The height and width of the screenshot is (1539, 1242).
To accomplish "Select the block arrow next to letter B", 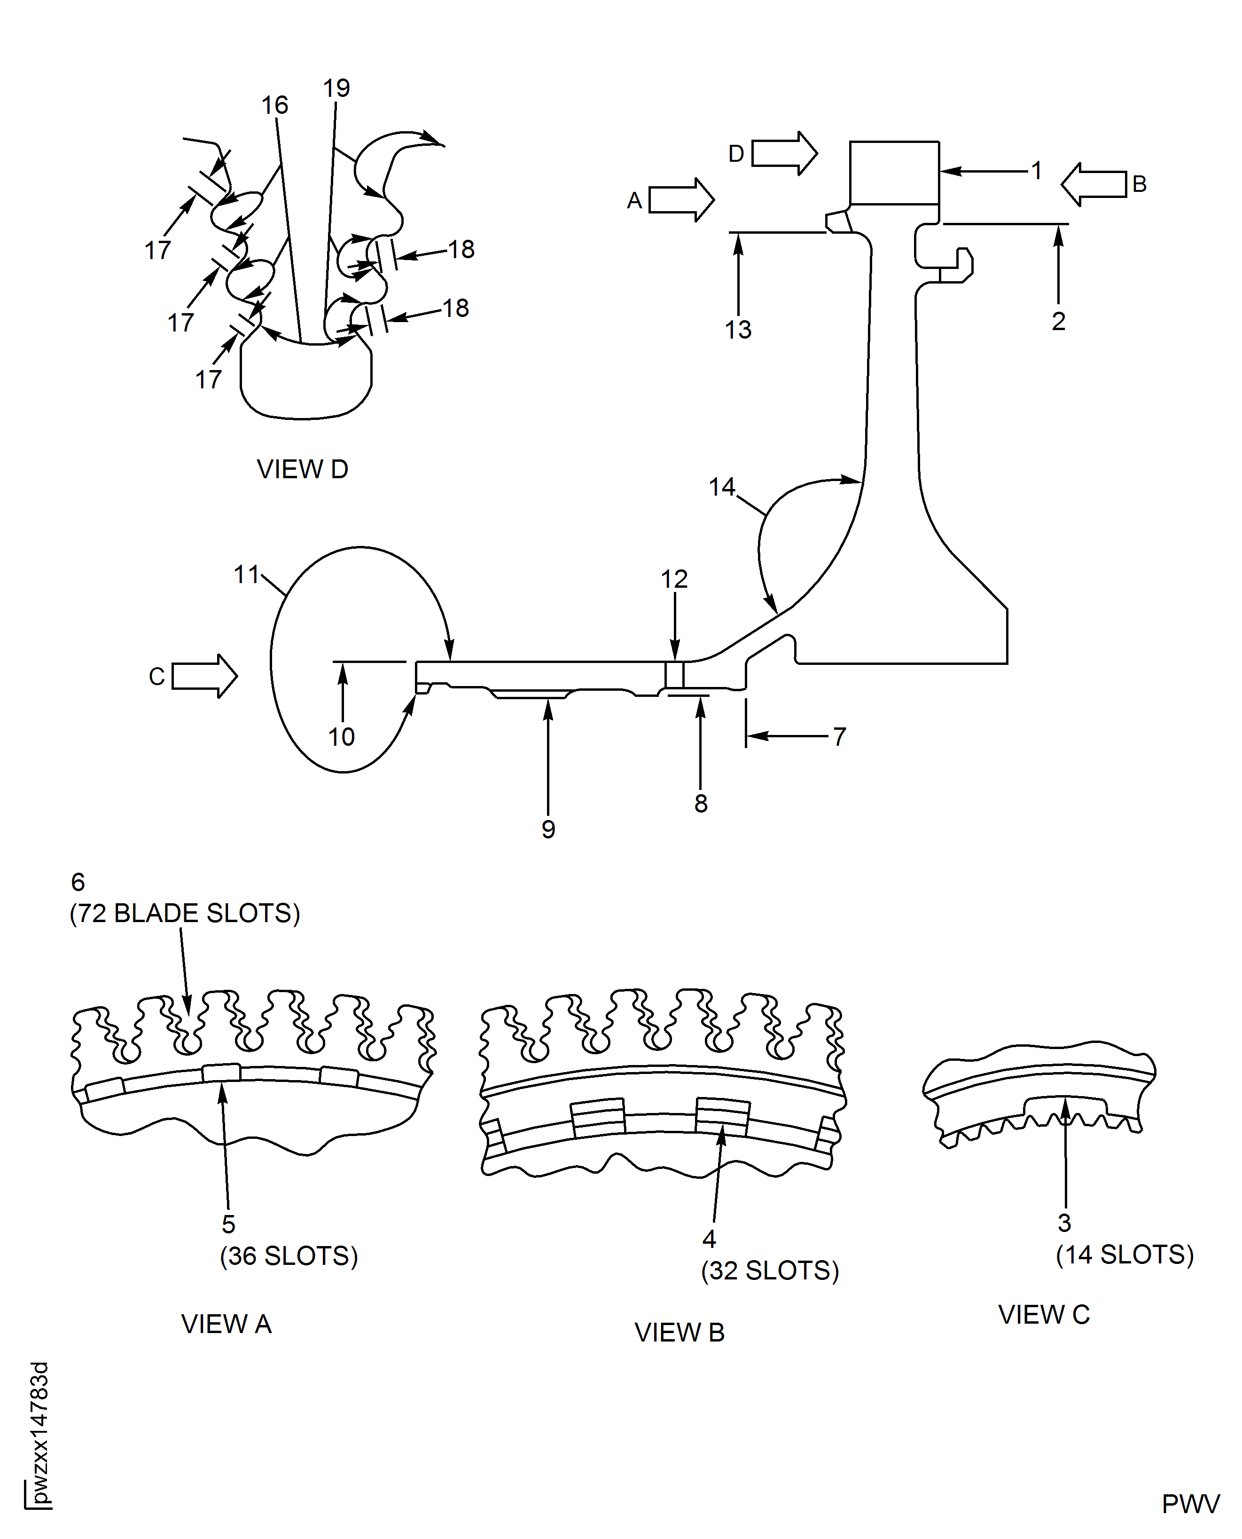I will tap(1093, 184).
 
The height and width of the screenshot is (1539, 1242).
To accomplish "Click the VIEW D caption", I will tap(302, 470).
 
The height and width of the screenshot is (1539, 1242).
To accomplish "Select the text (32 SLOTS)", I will tap(769, 1270).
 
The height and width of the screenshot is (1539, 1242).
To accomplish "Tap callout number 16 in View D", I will tap(274, 105).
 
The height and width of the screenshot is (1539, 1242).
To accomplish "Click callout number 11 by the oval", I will tap(246, 574).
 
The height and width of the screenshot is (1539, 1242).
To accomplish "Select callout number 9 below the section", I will tap(548, 829).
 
